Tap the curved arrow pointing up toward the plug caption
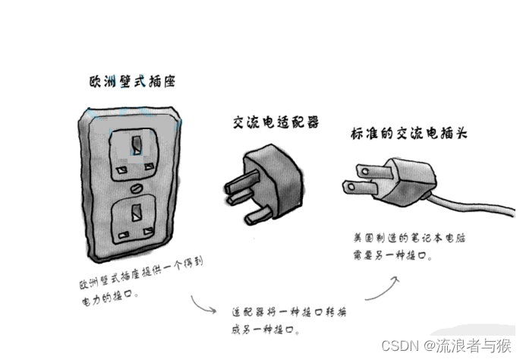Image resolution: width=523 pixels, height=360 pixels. (386, 288)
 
